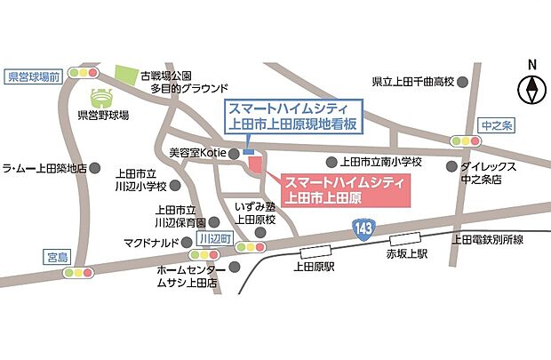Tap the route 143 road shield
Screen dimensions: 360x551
[x=362, y=228]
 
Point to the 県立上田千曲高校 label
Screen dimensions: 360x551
[x=412, y=82]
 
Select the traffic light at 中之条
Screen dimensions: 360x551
[x=467, y=140]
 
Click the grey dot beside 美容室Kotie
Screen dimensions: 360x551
[x=234, y=154]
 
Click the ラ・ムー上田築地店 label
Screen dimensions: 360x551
[x=44, y=167]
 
